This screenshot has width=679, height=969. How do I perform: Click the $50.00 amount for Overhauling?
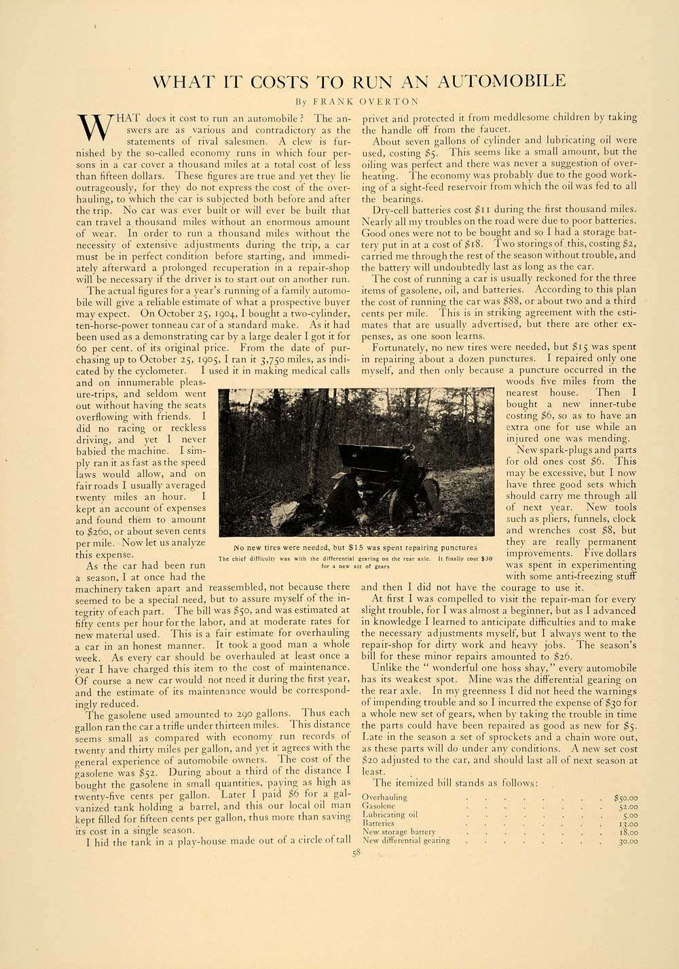pyautogui.click(x=625, y=797)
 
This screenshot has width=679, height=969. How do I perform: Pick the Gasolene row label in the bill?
pyautogui.click(x=379, y=805)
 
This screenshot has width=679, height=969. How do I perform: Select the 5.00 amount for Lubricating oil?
pyautogui.click(x=629, y=814)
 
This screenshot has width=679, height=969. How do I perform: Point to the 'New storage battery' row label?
pyautogui.click(x=399, y=831)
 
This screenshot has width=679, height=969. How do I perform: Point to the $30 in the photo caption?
pyautogui.click(x=486, y=559)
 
